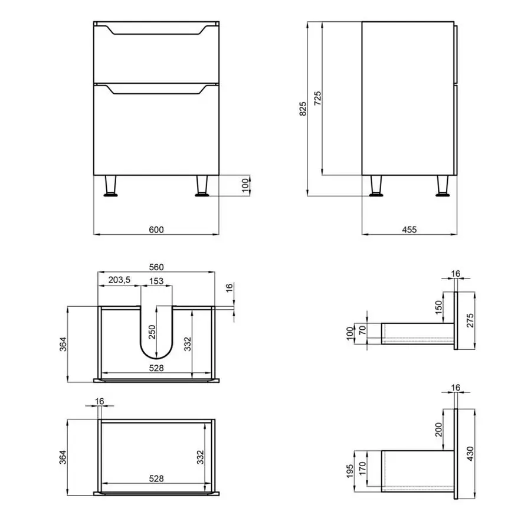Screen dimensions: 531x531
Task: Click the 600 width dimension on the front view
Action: (156, 230)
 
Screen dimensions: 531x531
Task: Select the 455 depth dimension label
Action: (409, 230)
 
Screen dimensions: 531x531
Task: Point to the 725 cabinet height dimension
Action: (317, 98)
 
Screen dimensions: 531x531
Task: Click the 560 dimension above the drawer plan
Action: (156, 267)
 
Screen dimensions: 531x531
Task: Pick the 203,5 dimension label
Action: (120, 280)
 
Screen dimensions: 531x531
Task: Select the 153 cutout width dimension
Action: (156, 280)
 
